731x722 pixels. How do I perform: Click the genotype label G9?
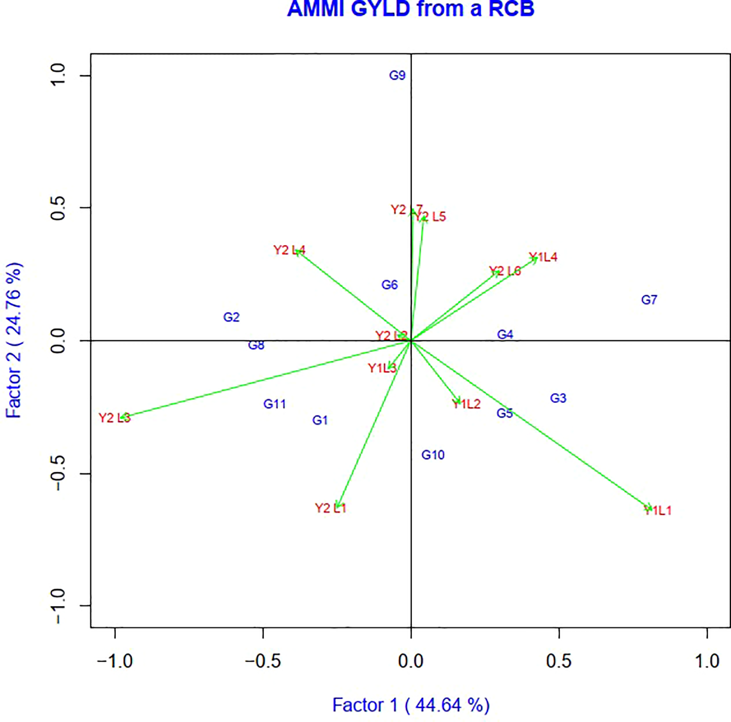click(397, 75)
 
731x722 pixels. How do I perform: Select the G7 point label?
click(649, 300)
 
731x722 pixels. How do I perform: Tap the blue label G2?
click(232, 317)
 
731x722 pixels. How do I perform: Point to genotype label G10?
click(433, 455)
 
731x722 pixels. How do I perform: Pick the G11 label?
click(275, 404)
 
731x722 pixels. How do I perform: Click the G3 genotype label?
click(558, 398)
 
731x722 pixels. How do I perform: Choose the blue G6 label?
click(390, 285)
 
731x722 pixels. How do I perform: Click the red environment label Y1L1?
click(658, 511)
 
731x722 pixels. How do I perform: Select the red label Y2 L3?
click(115, 418)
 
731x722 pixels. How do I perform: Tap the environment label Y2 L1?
click(330, 508)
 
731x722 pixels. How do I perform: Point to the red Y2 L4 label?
click(289, 250)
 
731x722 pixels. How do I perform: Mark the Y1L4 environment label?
click(543, 257)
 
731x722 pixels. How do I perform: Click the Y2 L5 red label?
click(430, 217)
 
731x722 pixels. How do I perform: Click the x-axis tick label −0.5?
click(263, 661)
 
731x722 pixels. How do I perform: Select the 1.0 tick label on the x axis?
click(707, 661)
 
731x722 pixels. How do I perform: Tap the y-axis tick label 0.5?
click(59, 208)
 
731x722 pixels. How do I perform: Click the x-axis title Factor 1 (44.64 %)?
click(411, 705)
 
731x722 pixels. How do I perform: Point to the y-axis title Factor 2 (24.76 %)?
click(14, 340)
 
